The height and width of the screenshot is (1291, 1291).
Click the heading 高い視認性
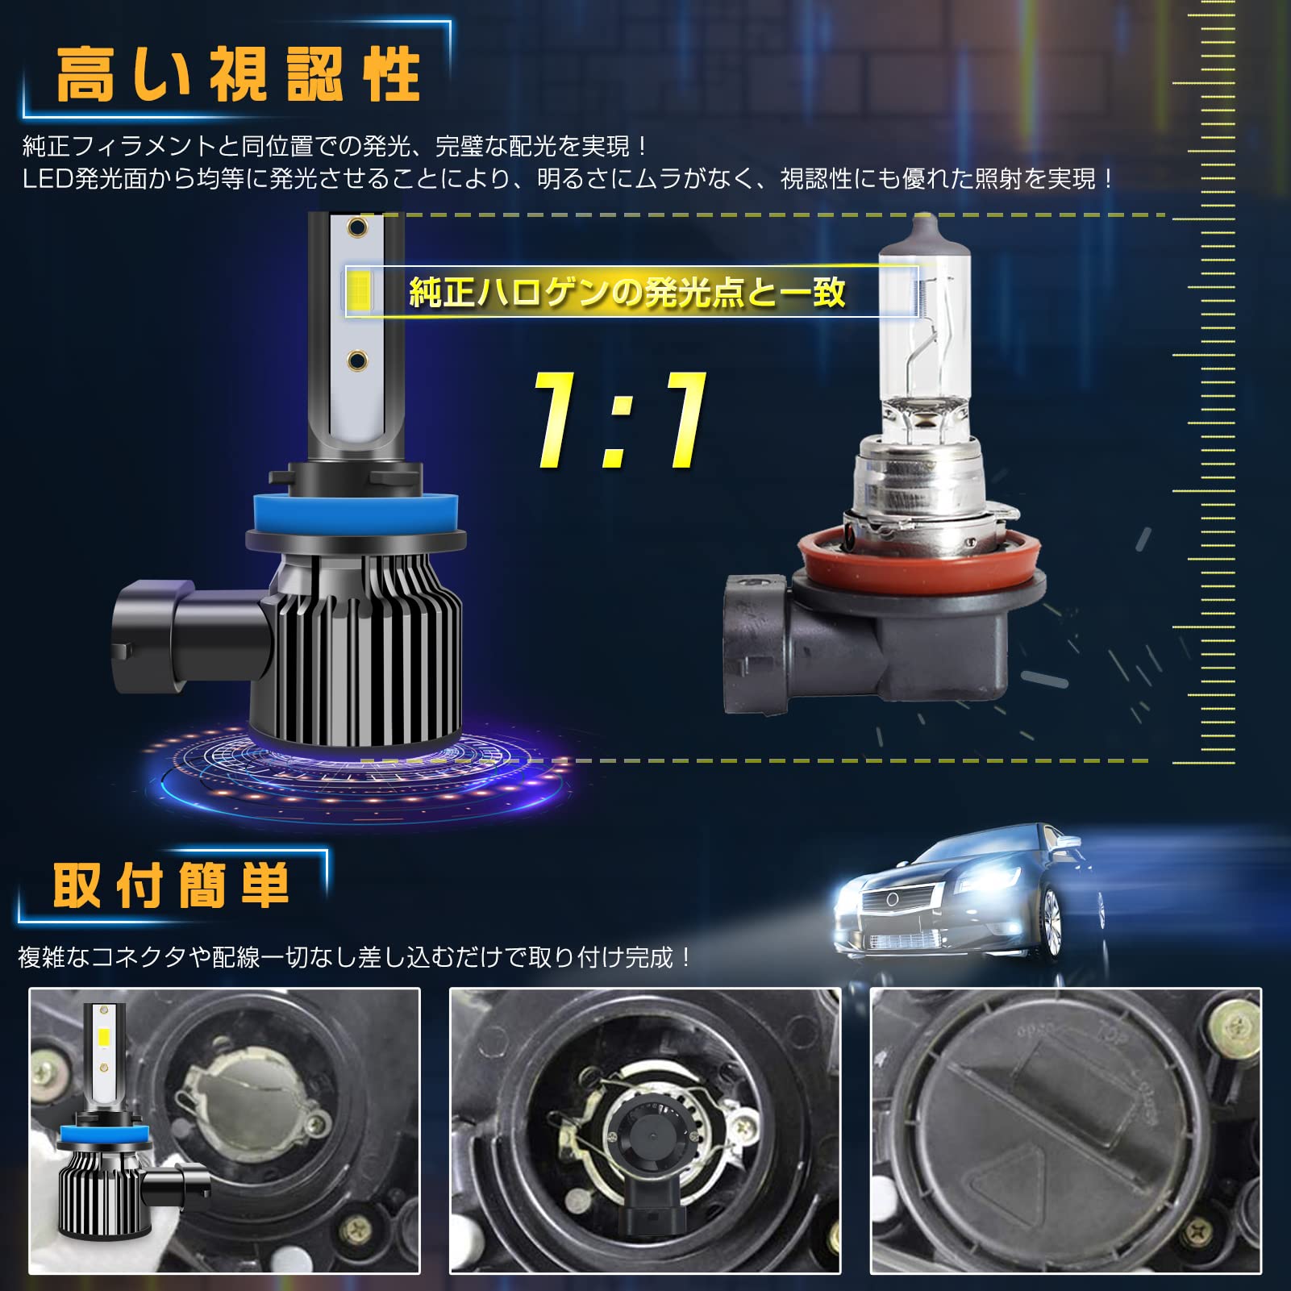(238, 75)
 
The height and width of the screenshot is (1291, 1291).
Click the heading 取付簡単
(171, 885)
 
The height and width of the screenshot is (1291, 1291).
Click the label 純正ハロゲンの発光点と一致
(627, 292)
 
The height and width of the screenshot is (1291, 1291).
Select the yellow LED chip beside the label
(359, 292)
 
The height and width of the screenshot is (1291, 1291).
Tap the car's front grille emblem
(893, 899)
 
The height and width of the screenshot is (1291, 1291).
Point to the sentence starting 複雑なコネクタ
(355, 957)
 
